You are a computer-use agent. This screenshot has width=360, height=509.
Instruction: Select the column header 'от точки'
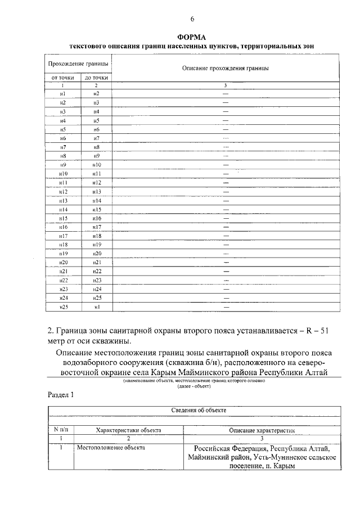[x=63, y=78]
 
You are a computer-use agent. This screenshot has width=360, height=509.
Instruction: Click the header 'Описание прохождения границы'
[x=225, y=68]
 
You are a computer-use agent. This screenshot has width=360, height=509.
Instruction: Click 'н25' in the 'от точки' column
[x=63, y=307]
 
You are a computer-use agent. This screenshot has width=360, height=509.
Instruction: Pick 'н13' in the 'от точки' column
[x=63, y=200]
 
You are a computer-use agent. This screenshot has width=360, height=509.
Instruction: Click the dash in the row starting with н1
[x=226, y=93]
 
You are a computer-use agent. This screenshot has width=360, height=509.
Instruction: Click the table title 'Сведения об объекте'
[x=199, y=410]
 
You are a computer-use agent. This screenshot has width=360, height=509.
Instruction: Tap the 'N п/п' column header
[x=60, y=430]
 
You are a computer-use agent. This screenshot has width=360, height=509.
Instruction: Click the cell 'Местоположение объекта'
[x=110, y=448]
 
